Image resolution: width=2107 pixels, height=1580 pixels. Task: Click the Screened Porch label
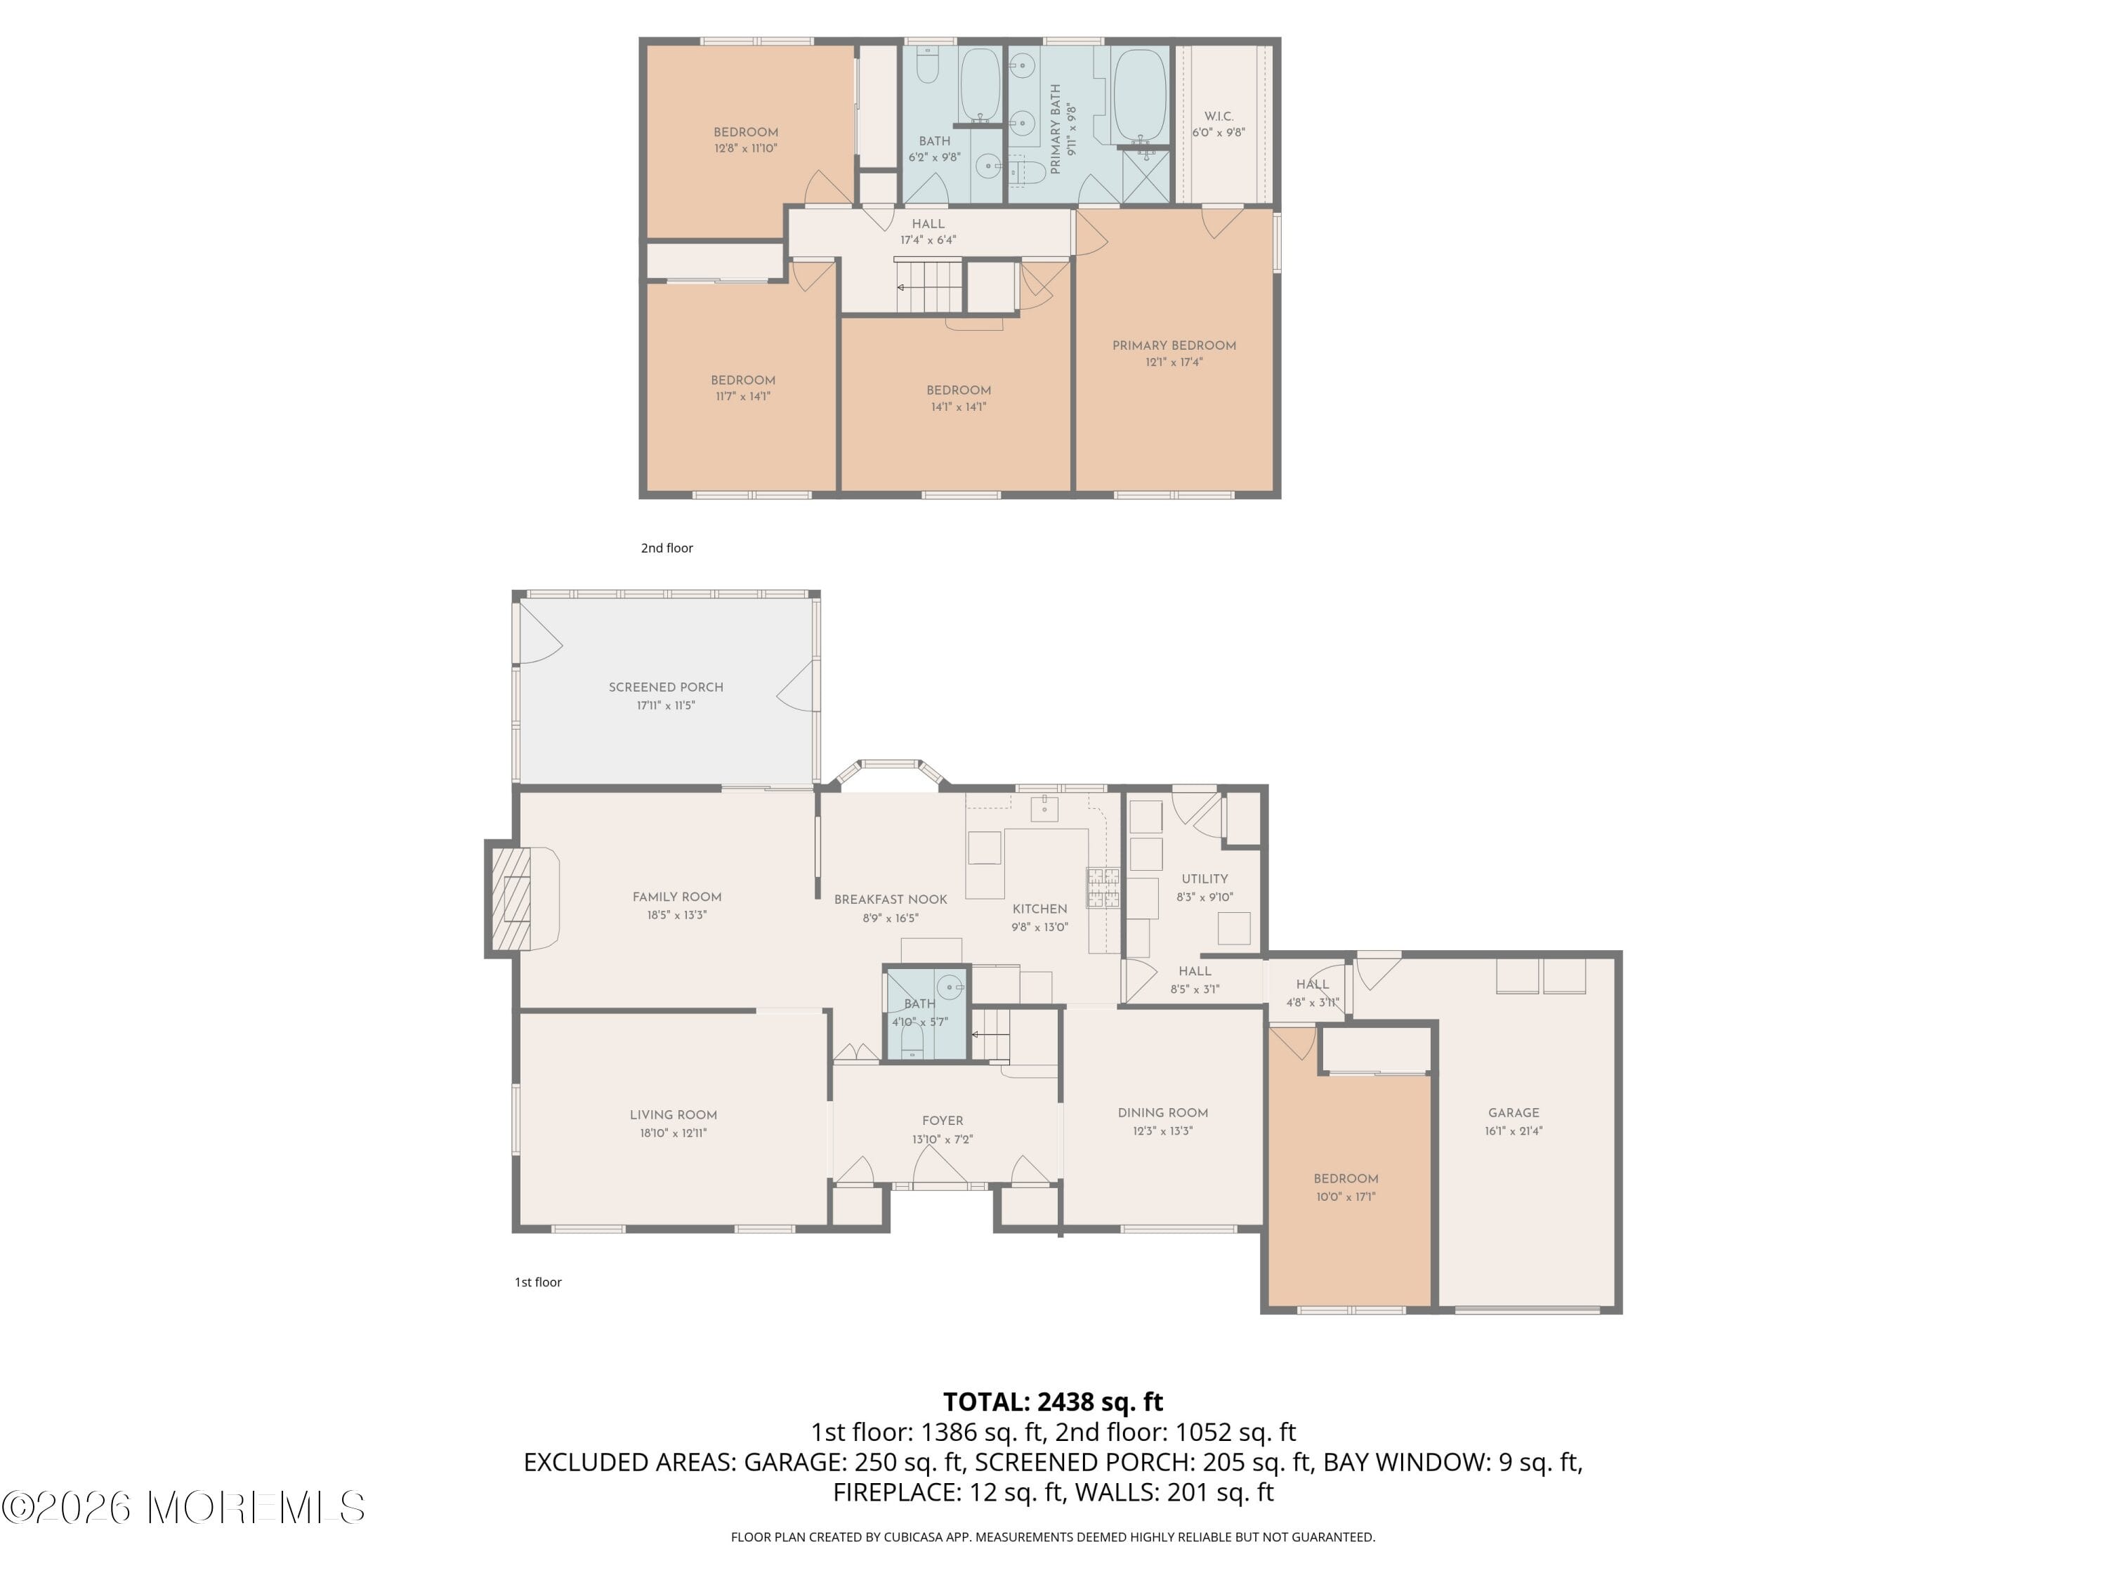click(666, 687)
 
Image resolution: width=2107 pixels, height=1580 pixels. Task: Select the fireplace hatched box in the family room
click(511, 898)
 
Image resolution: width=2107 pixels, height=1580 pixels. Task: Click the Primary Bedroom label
click(1174, 345)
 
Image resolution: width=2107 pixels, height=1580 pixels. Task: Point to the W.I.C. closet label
click(1219, 116)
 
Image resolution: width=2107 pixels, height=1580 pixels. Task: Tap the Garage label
click(1513, 1112)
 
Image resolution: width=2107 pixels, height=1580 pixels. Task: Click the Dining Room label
click(1162, 1112)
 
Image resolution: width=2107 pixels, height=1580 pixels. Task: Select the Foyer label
click(942, 1121)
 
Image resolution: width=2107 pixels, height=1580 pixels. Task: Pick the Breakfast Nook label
click(891, 899)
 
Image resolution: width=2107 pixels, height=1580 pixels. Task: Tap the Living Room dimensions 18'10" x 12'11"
click(673, 1133)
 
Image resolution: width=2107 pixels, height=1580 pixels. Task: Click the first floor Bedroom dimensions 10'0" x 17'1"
click(1345, 1197)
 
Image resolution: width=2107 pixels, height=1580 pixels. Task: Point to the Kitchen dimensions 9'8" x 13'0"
click(1039, 927)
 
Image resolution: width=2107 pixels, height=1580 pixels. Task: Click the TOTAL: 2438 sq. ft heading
click(1053, 1402)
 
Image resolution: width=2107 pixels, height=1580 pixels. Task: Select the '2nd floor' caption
click(667, 548)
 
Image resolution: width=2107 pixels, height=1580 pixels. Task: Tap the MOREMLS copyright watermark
click(183, 1508)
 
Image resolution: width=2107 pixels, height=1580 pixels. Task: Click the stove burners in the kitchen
click(1103, 887)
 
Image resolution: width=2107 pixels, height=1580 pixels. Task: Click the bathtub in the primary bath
click(1139, 96)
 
